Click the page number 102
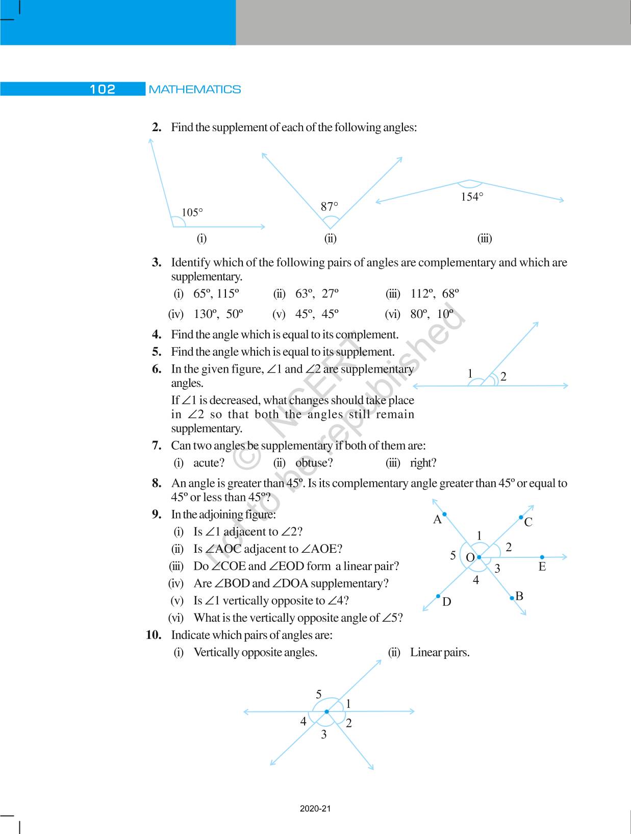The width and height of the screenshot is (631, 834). (x=103, y=89)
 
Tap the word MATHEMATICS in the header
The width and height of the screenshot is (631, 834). (x=194, y=89)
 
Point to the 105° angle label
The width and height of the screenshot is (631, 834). (x=192, y=212)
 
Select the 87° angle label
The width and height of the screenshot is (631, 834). (x=330, y=207)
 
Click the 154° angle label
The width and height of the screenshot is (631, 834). (x=472, y=197)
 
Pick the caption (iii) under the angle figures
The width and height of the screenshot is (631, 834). (x=484, y=238)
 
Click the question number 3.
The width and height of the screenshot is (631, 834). (x=157, y=262)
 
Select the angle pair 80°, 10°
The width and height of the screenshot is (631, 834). (x=432, y=314)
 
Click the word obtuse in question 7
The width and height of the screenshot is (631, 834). (x=314, y=463)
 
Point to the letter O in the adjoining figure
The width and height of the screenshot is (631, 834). (x=470, y=558)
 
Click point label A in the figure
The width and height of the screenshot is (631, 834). (x=437, y=520)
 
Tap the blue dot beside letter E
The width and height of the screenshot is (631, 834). (x=542, y=557)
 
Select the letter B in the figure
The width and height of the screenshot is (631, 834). (x=519, y=596)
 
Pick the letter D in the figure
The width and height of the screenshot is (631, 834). (x=446, y=602)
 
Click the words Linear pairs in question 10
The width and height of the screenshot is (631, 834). (x=440, y=652)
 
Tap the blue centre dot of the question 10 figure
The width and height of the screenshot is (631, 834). (x=326, y=712)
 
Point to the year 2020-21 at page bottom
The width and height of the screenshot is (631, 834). (x=315, y=808)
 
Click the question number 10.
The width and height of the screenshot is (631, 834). (x=154, y=635)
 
